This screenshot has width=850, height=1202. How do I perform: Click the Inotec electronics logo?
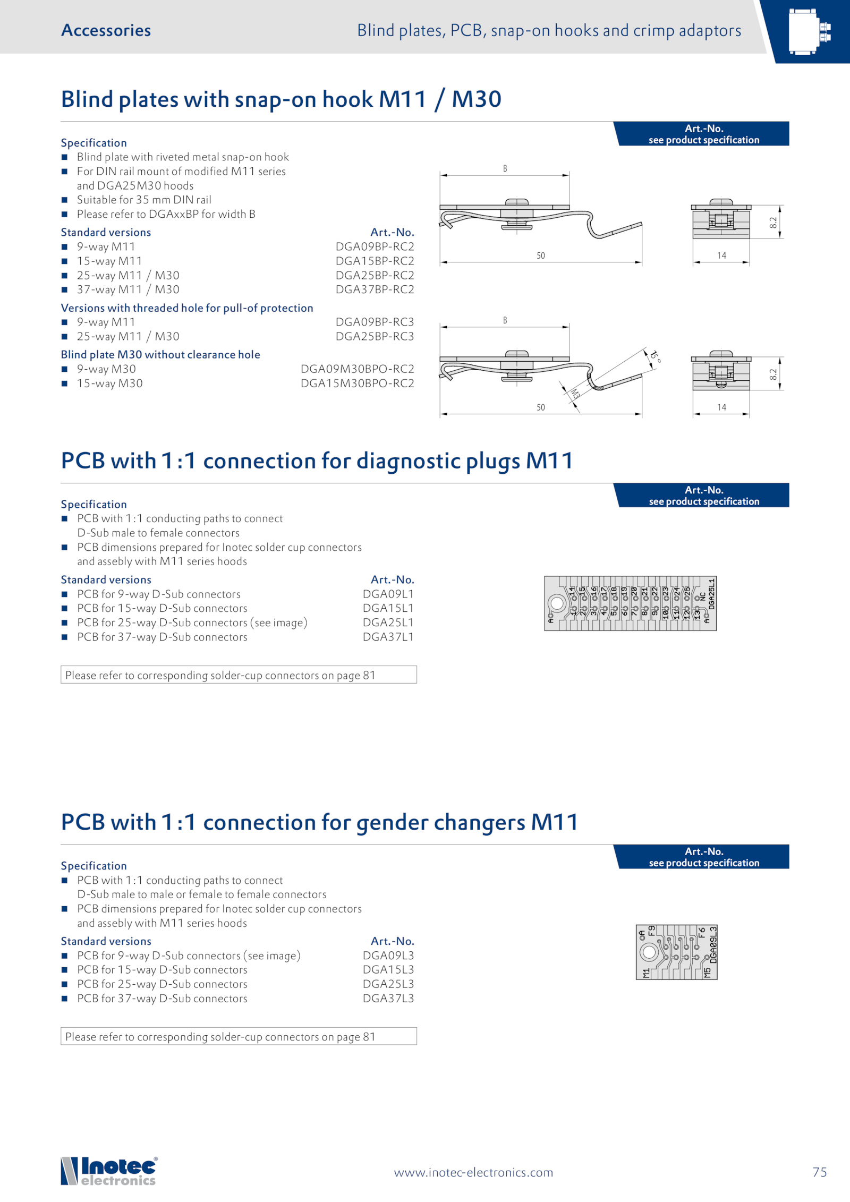tap(109, 1171)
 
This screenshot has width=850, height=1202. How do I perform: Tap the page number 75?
tap(819, 1172)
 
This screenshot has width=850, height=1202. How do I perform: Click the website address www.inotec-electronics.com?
tap(473, 1172)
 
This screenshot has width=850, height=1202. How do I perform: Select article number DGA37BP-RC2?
tap(375, 289)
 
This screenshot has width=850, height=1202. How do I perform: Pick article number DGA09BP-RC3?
tap(375, 322)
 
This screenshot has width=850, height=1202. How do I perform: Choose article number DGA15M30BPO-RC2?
tap(357, 383)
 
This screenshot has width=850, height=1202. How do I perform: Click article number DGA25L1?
tap(388, 623)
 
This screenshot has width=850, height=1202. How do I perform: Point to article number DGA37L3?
tap(388, 999)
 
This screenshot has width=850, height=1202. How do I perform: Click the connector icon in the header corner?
tap(809, 31)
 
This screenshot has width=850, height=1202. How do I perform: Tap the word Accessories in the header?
tap(106, 30)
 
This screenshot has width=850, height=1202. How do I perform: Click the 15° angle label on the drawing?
tap(656, 356)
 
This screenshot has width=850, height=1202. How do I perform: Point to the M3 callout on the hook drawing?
tap(575, 394)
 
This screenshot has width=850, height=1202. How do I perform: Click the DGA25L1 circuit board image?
tap(630, 603)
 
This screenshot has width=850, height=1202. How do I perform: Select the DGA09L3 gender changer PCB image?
tap(676, 952)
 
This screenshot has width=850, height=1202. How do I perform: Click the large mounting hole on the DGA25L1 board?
tap(557, 603)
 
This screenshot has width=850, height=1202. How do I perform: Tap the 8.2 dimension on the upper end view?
tap(773, 223)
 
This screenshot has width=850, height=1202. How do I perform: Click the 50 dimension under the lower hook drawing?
tap(540, 407)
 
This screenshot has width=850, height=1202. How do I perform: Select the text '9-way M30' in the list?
tap(106, 369)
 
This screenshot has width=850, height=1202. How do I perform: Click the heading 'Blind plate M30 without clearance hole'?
tap(160, 354)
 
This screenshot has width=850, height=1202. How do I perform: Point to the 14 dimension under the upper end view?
tap(721, 255)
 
